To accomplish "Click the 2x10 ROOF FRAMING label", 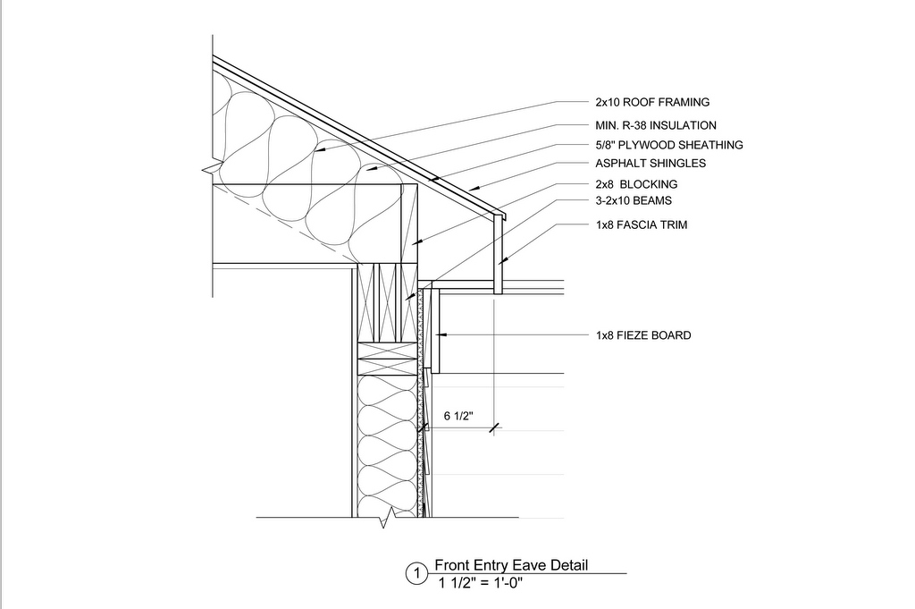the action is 652,102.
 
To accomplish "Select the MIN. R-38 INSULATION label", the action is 656,125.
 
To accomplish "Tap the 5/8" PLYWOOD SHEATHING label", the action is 669,145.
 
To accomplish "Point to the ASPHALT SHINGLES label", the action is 651,164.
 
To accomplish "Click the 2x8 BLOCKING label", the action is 636,184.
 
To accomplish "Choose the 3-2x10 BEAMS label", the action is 634,201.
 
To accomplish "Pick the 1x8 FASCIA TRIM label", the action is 642,224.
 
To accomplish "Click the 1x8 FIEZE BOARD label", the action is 643,335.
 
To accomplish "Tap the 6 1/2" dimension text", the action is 458,417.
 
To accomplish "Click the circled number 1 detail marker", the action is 416,573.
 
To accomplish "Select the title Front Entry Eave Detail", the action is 511,565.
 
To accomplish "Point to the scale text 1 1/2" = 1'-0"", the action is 481,582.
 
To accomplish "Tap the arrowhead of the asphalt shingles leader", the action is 474,189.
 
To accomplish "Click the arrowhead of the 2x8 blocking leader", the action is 415,241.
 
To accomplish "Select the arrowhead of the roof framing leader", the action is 318,150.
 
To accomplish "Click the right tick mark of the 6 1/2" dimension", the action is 494,428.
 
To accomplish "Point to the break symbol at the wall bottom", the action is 384,519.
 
